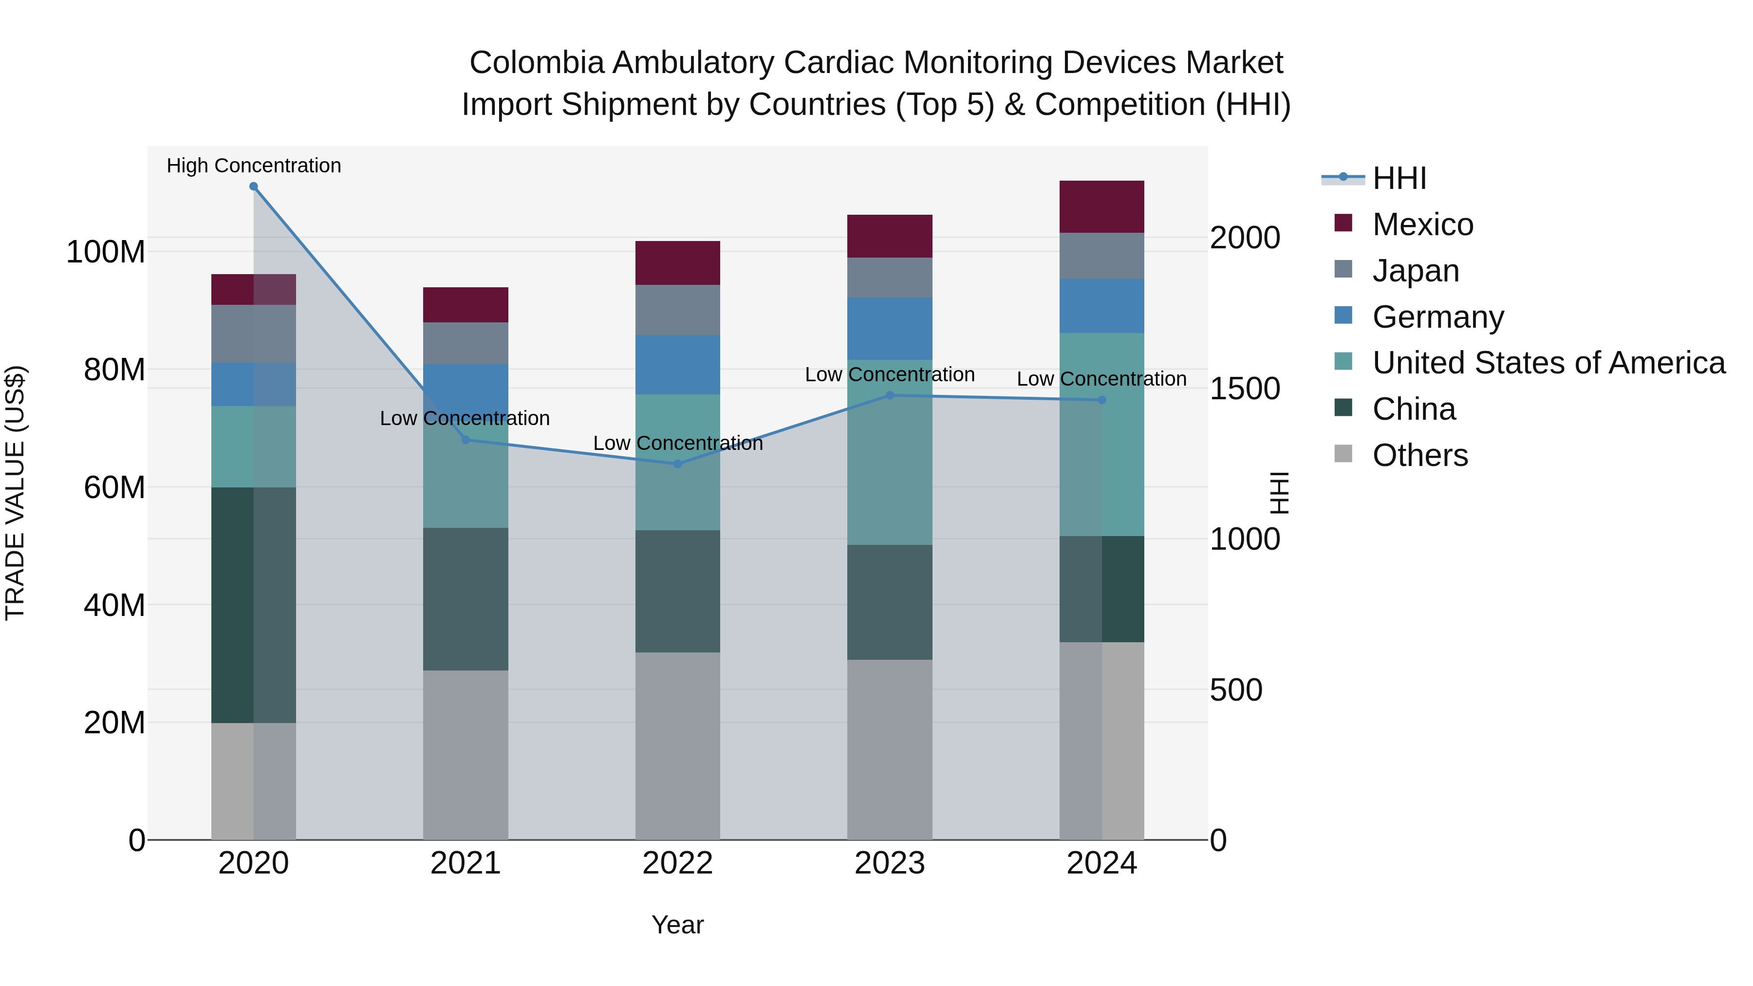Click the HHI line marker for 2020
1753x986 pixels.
(253, 186)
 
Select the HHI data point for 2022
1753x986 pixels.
(677, 464)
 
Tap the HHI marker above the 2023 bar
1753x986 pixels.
(890, 395)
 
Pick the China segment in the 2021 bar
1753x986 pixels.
(466, 599)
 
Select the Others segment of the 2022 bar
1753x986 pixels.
(677, 746)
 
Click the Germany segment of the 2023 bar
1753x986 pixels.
(890, 329)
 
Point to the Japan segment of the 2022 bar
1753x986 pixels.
(677, 310)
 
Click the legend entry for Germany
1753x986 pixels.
(1437, 317)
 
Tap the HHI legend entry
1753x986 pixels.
(1399, 178)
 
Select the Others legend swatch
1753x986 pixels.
(1343, 454)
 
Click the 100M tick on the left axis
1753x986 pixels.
(106, 252)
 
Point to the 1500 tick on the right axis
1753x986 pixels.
(1245, 389)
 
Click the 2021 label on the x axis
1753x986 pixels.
(466, 863)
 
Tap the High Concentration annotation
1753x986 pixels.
(254, 166)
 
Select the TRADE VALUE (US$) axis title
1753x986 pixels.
(15, 493)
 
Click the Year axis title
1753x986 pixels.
(677, 925)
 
